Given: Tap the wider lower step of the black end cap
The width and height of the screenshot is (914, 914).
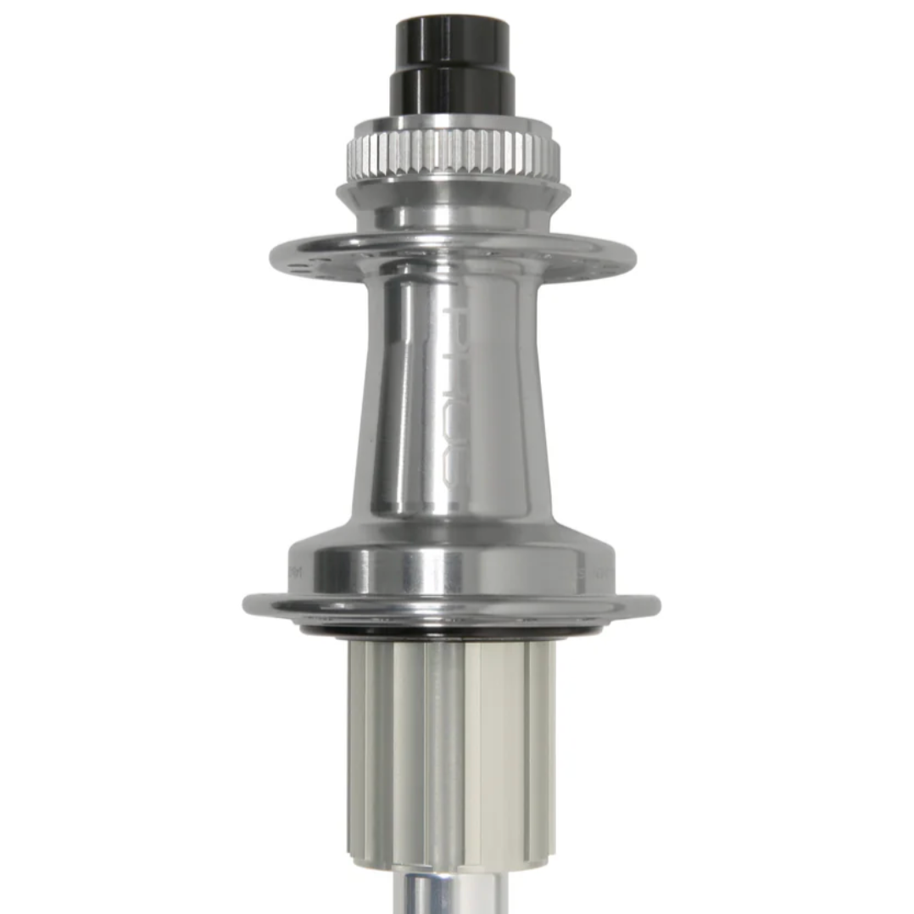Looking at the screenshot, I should pyautogui.click(x=452, y=92).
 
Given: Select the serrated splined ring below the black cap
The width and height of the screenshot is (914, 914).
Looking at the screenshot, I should pyautogui.click(x=453, y=153).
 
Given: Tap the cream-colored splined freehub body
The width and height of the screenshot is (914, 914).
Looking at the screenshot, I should pyautogui.click(x=453, y=746).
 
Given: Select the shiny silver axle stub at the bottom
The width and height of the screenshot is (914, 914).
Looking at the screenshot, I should pyautogui.click(x=453, y=890).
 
